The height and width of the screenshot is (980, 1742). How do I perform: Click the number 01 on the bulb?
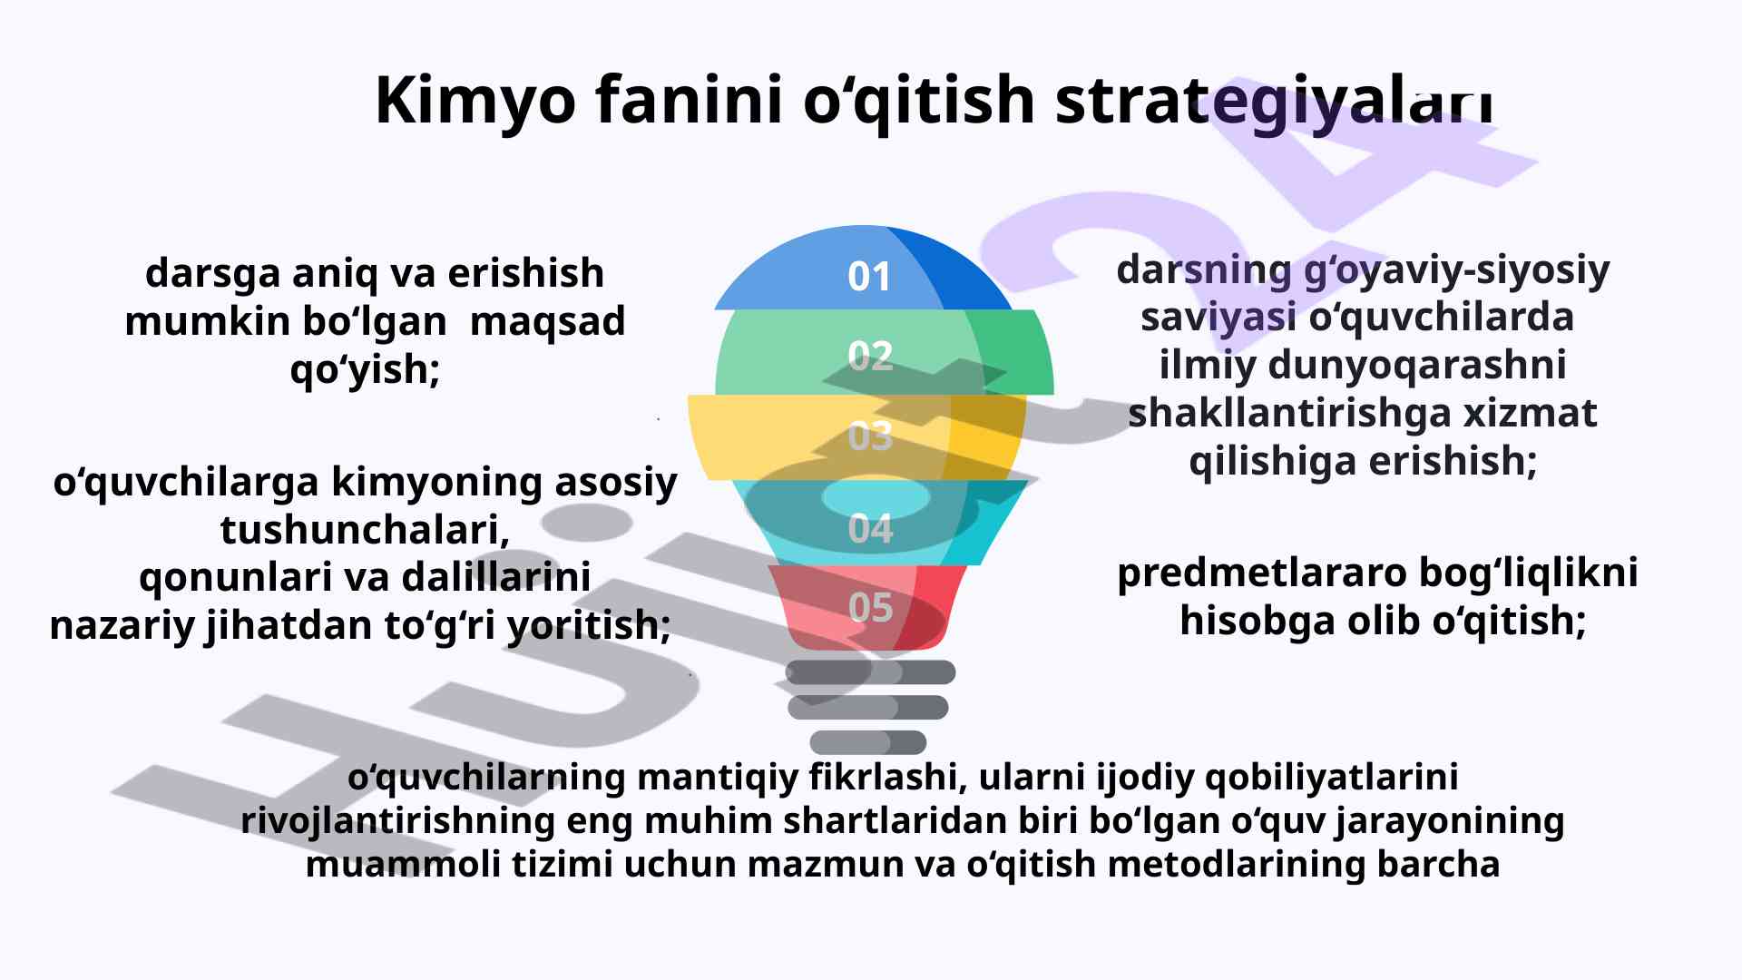click(x=869, y=277)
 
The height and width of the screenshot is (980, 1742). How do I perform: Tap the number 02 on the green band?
click(x=870, y=356)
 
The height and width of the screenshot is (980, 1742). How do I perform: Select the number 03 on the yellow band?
click(x=870, y=436)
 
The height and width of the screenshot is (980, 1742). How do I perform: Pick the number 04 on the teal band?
click(x=870, y=528)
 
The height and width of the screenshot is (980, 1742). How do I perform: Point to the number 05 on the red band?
click(x=870, y=607)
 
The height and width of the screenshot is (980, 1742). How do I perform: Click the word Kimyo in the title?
click(x=475, y=101)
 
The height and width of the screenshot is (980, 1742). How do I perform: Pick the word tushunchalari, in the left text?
click(x=365, y=530)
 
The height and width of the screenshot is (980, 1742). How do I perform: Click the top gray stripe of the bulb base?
click(x=870, y=672)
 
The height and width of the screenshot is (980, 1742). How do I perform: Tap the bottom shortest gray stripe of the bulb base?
click(x=868, y=742)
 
